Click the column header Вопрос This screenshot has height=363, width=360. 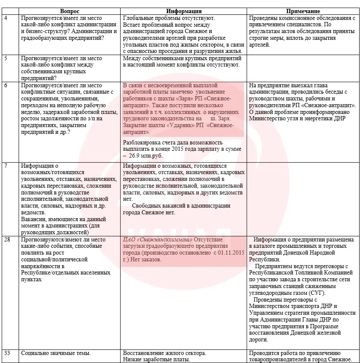(x=69, y=11)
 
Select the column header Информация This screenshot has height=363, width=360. (x=184, y=11)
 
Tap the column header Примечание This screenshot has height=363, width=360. (x=303, y=11)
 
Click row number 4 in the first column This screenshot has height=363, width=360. (x=5, y=18)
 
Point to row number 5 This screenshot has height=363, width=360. (x=5, y=58)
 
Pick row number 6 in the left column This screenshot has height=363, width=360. (x=5, y=85)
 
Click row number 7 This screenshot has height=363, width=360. (x=5, y=166)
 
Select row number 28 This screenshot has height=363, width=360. (x=7, y=240)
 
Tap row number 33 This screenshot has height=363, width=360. (x=7, y=353)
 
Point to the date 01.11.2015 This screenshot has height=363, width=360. (x=228, y=252)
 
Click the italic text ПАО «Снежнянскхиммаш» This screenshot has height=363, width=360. (x=156, y=240)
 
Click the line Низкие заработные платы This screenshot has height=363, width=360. (x=157, y=359)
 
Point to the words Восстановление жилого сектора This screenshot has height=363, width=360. (x=164, y=353)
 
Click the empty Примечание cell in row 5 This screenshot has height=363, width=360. (x=303, y=67)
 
